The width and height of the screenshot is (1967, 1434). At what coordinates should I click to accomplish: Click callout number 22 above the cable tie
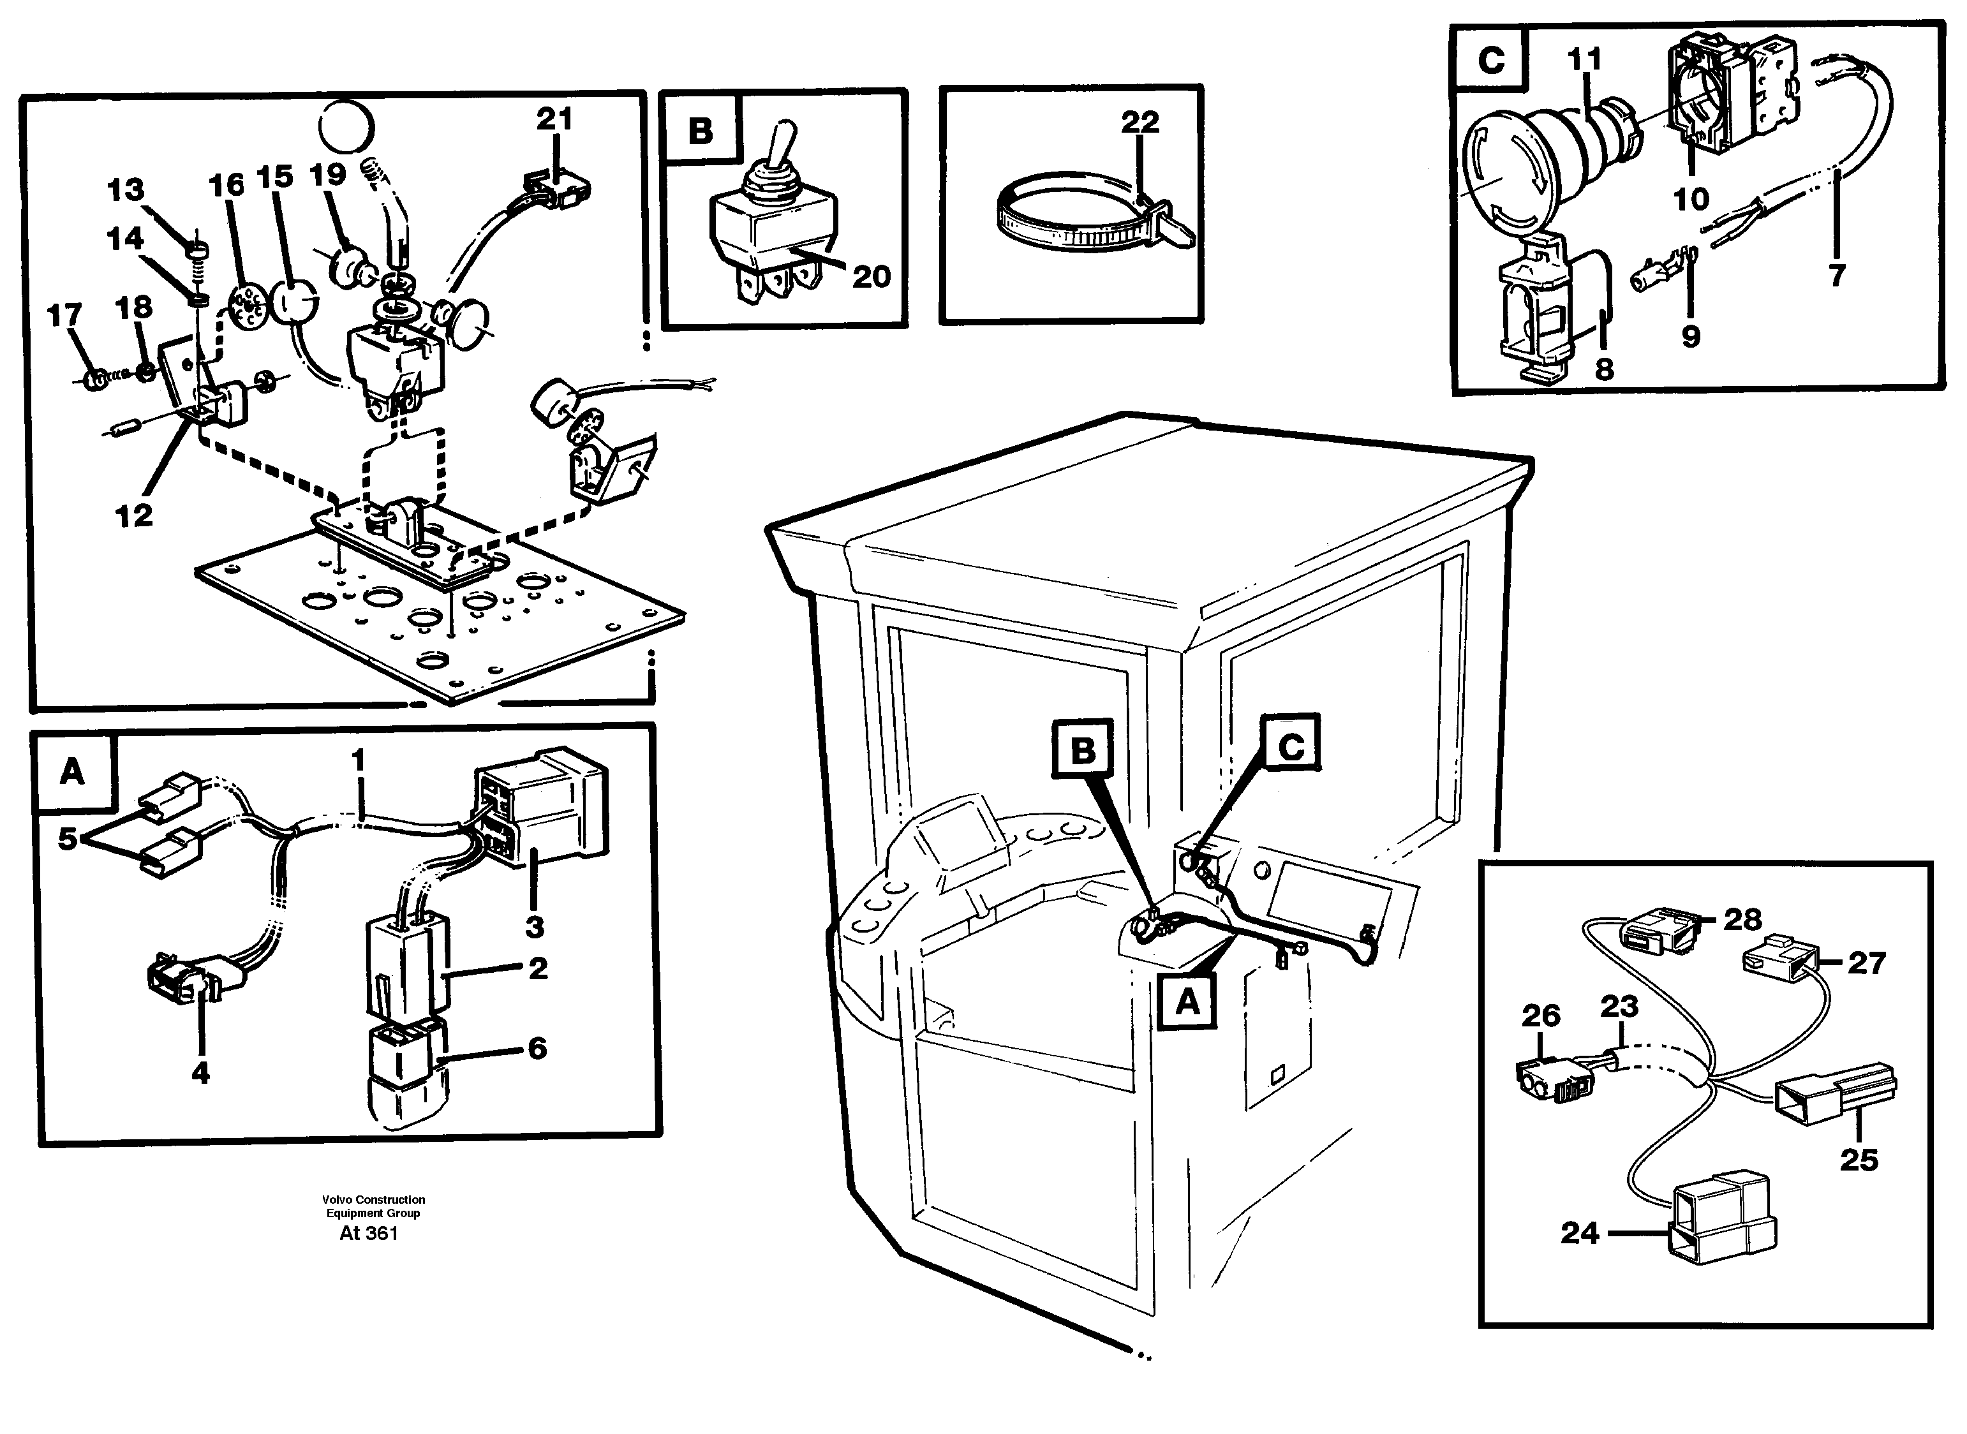1139,122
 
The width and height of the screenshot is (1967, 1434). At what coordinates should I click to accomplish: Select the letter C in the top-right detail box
1490,61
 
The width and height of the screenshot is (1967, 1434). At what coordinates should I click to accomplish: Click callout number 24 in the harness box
1579,1232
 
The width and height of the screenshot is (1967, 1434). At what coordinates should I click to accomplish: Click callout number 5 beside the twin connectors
68,839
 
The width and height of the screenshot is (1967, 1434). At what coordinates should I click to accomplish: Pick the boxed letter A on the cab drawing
1187,1003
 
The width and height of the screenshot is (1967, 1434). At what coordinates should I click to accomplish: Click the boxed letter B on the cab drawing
1083,750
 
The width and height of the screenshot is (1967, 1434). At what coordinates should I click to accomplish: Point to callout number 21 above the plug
554,118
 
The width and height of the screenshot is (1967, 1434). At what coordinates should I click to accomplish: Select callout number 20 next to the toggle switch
871,277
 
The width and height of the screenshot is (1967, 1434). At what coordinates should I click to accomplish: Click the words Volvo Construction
373,1200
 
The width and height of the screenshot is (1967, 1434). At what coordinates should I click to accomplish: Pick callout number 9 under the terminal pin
1690,336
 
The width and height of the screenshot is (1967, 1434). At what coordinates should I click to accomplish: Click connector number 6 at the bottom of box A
406,1076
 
